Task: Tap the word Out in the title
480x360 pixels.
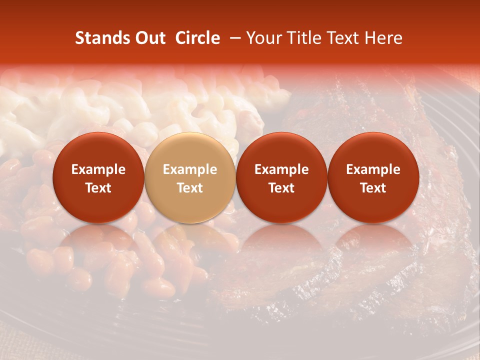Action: click(147, 38)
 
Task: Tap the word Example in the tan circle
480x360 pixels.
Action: click(190, 169)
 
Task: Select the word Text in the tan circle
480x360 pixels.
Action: click(190, 188)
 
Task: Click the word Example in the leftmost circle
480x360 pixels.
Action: click(98, 169)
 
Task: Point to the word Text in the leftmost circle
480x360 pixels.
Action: click(98, 188)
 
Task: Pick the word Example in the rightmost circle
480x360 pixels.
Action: click(373, 169)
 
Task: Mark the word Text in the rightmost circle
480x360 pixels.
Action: click(373, 188)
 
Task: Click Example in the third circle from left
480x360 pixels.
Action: click(281, 169)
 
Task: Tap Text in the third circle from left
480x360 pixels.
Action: click(281, 188)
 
